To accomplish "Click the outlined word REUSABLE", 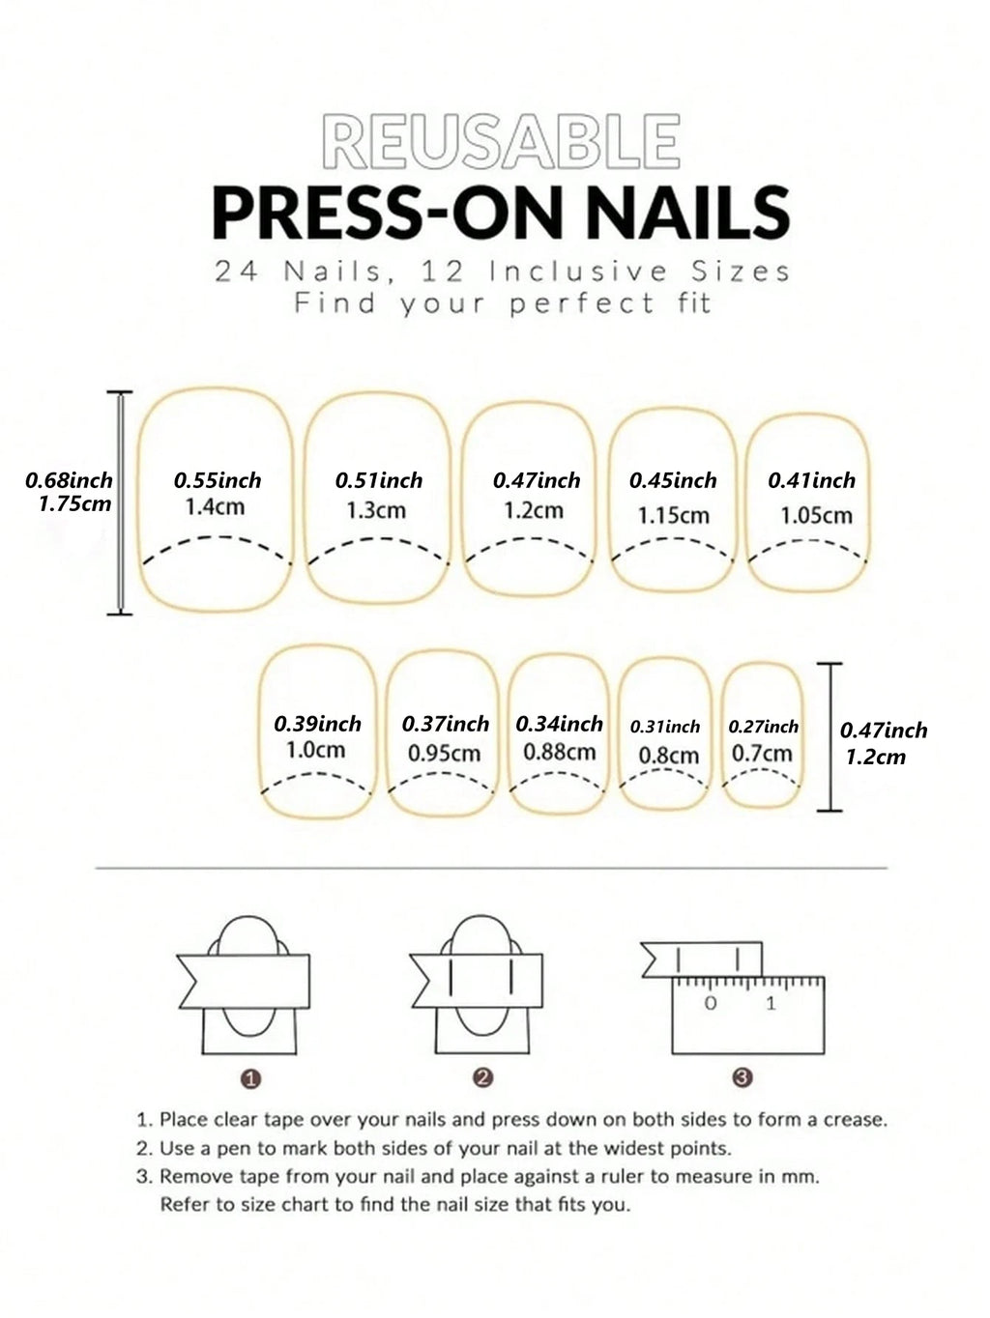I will (501, 141).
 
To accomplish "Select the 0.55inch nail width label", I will (218, 480).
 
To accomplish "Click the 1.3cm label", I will (376, 510).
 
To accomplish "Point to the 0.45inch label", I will (673, 480).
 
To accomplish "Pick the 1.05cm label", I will (816, 516).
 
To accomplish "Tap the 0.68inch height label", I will (69, 479).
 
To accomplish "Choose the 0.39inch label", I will (317, 724).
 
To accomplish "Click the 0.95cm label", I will (444, 753).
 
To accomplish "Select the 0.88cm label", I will (559, 752).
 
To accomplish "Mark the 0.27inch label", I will (763, 727).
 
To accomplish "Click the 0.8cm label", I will (668, 756).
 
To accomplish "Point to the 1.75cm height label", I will (74, 503).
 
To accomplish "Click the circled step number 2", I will (483, 1078).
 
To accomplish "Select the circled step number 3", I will (742, 1077).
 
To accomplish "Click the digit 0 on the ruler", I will (711, 1003).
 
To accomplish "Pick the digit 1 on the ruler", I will (771, 1003).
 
